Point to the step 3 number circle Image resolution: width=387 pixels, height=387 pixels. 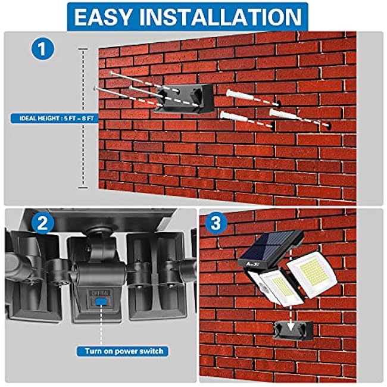coord(214,224)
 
